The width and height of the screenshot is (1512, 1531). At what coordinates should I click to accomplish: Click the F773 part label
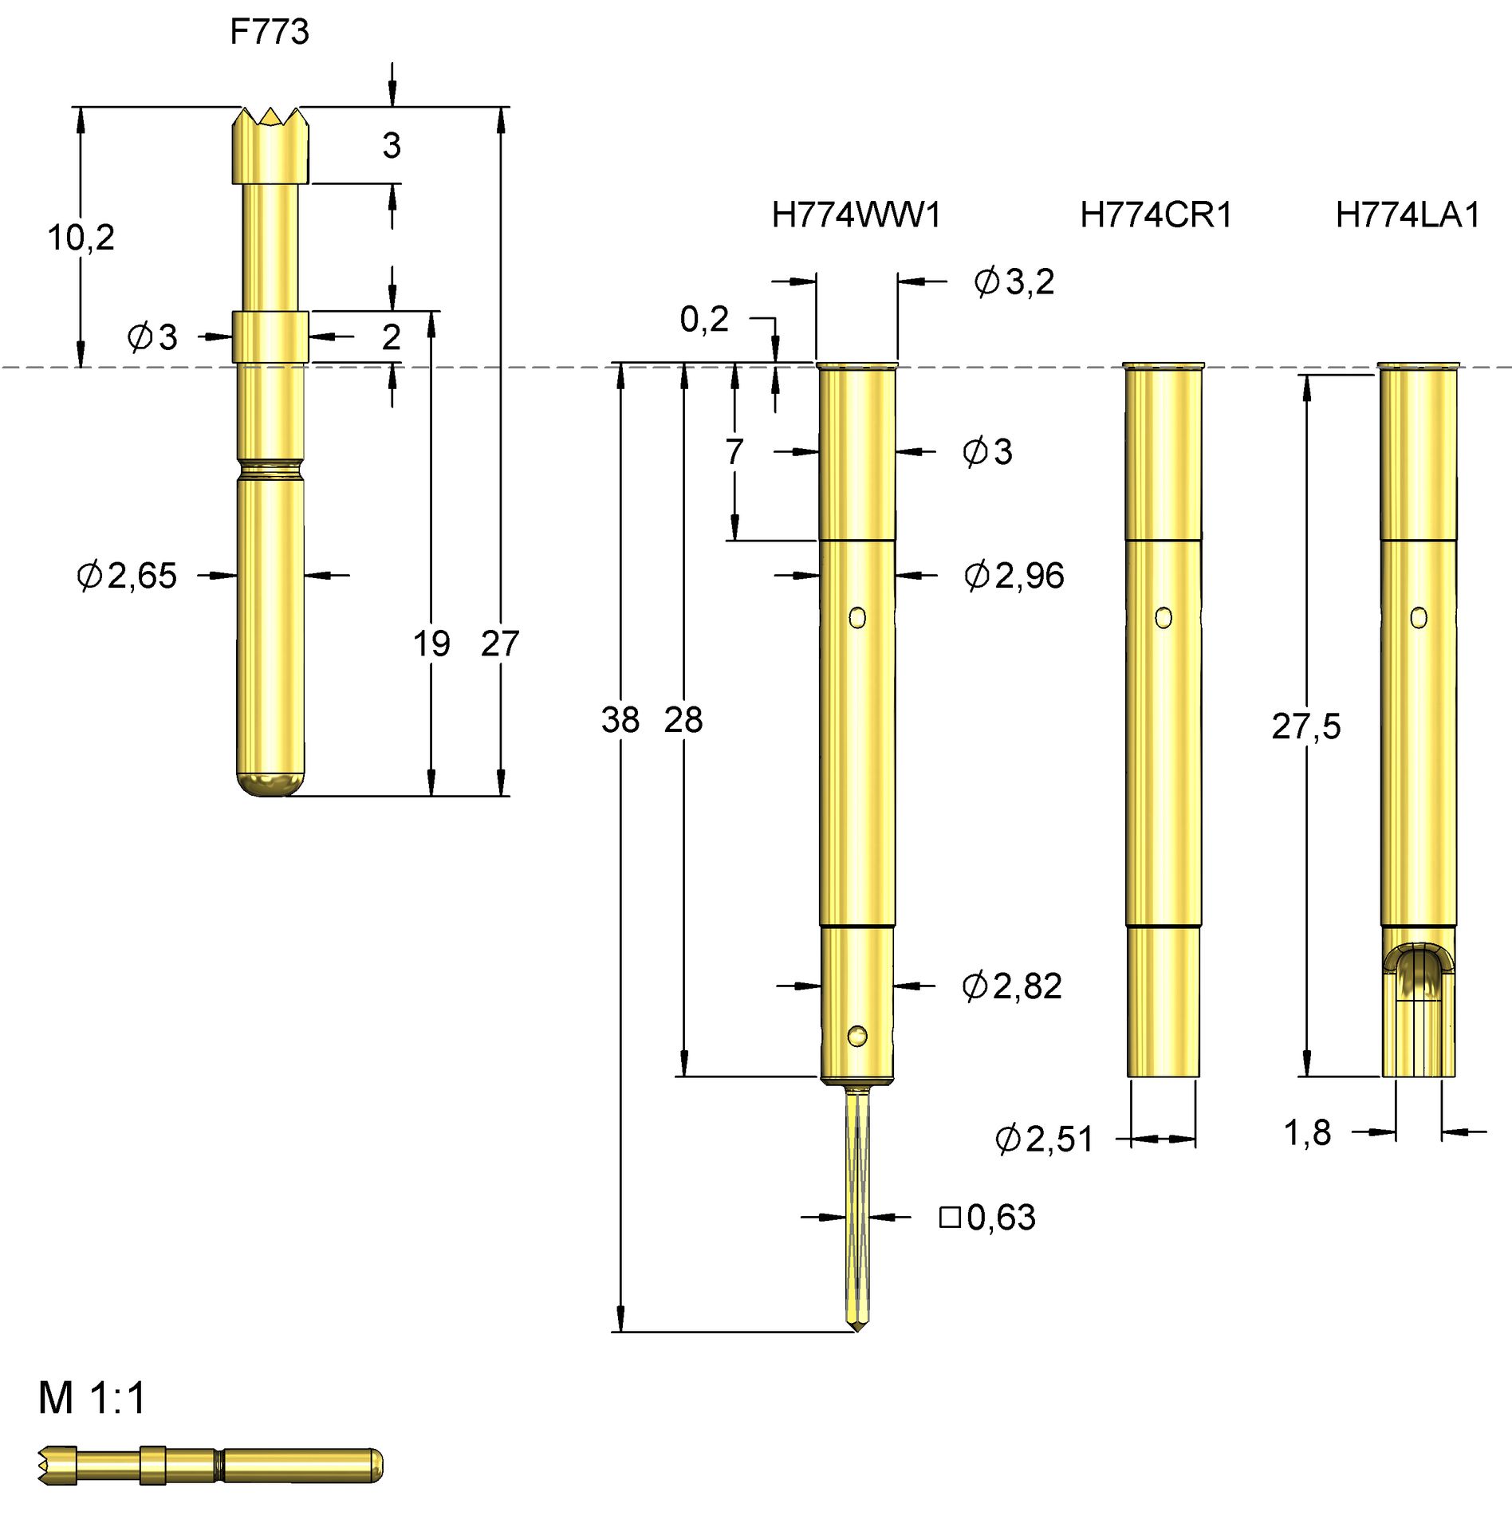point(269,32)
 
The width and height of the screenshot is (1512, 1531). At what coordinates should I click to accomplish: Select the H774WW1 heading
point(856,215)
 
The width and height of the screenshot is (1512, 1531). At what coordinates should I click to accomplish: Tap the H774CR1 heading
point(1156,215)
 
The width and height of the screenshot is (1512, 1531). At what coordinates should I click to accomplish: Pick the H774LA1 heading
point(1407,215)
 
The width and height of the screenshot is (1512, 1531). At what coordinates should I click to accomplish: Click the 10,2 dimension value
point(81,238)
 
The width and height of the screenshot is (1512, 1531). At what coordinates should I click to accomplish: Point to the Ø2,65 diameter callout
point(127,575)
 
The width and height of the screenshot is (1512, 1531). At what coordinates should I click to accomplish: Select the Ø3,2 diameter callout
point(1014,281)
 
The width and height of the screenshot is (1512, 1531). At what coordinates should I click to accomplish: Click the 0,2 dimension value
point(703,319)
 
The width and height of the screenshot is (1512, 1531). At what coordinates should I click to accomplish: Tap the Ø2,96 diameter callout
point(1014,575)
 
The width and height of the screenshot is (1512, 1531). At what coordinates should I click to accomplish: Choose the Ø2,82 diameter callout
point(1011,986)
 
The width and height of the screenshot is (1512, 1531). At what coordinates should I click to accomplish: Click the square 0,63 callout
point(987,1217)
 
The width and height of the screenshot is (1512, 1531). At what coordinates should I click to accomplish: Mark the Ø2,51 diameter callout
point(1044,1139)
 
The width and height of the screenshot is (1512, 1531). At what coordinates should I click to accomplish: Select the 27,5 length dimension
point(1305,726)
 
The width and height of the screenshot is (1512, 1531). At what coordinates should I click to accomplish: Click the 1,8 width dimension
point(1307,1132)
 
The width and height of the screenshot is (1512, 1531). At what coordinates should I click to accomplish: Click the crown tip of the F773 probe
point(270,119)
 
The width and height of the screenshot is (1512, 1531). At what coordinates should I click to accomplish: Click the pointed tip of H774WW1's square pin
point(856,1327)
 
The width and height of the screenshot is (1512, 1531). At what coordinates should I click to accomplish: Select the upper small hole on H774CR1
point(1163,618)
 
